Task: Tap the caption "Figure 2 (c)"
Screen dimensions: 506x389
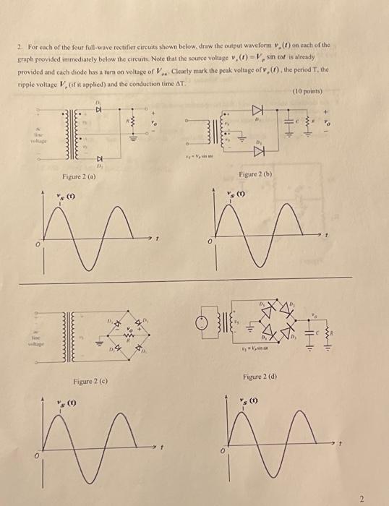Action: point(91,381)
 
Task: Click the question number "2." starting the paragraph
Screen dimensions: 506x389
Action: point(20,45)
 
